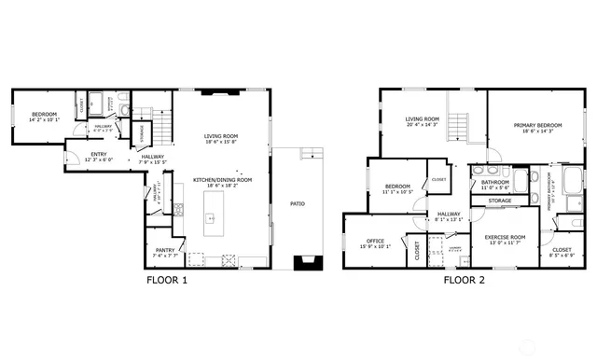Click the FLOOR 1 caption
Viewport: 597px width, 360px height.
[168, 279]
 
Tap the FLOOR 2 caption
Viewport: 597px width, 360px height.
[465, 279]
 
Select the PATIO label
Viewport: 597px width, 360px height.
[298, 203]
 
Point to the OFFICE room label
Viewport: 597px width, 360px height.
[376, 242]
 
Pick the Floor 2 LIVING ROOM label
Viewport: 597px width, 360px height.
[422, 120]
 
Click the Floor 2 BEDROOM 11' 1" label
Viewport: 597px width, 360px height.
[398, 188]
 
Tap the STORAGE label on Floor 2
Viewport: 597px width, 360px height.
[500, 201]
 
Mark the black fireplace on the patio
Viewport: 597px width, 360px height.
[306, 263]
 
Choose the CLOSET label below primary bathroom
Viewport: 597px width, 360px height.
[562, 250]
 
